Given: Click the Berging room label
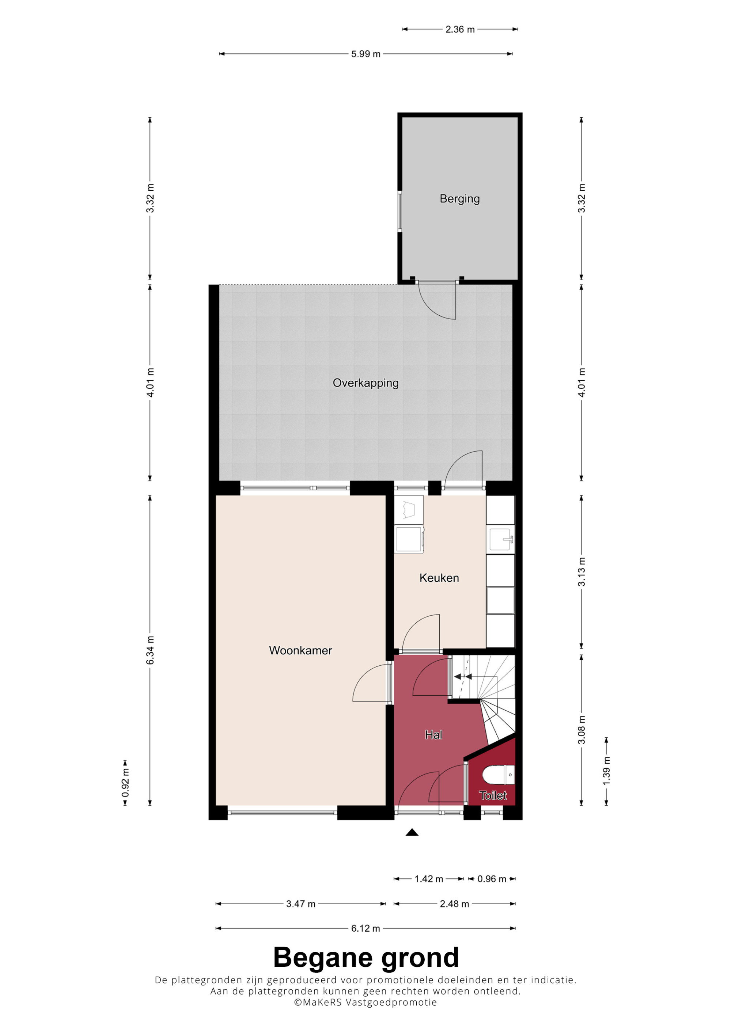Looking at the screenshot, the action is (459, 199).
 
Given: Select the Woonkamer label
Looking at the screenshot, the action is (300, 650).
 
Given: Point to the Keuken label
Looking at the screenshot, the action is (439, 578).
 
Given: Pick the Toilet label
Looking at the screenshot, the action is (493, 795).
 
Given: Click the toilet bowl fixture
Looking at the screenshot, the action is (499, 775).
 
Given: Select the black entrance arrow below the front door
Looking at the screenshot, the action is (412, 832).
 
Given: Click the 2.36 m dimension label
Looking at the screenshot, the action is (460, 29).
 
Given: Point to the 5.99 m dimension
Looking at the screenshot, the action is (366, 54).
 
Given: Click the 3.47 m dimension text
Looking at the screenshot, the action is (301, 904).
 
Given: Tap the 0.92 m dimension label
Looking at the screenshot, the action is (126, 783).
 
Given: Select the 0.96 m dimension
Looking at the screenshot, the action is (492, 879).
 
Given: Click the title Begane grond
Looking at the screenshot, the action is (366, 958).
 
